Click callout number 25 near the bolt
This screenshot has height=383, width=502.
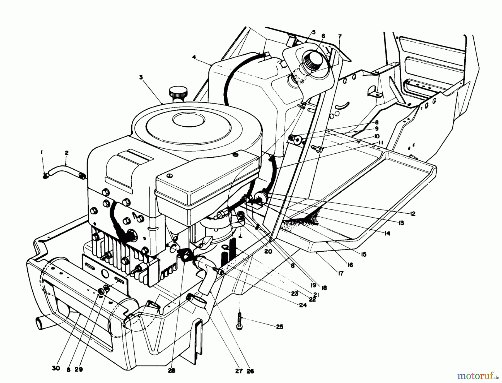tap(279, 327)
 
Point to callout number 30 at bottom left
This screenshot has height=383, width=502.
tap(56, 368)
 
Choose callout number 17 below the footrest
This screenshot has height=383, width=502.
tap(341, 274)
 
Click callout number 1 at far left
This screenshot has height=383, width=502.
tap(42, 153)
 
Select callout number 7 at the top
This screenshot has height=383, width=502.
tap(339, 37)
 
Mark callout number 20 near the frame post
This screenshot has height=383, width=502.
tap(268, 251)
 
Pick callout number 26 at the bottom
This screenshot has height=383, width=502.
tap(250, 371)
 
